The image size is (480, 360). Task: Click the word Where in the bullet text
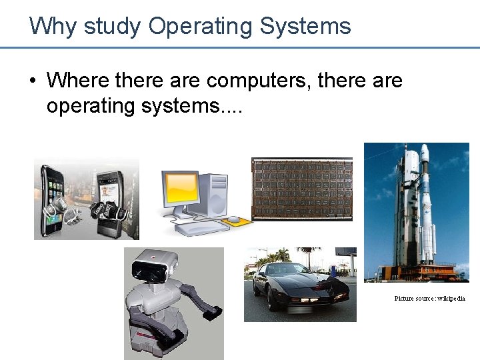[78, 81]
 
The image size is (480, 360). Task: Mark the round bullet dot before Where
[33, 82]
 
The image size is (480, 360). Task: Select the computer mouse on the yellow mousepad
[233, 219]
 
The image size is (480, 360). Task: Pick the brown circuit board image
[301, 189]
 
